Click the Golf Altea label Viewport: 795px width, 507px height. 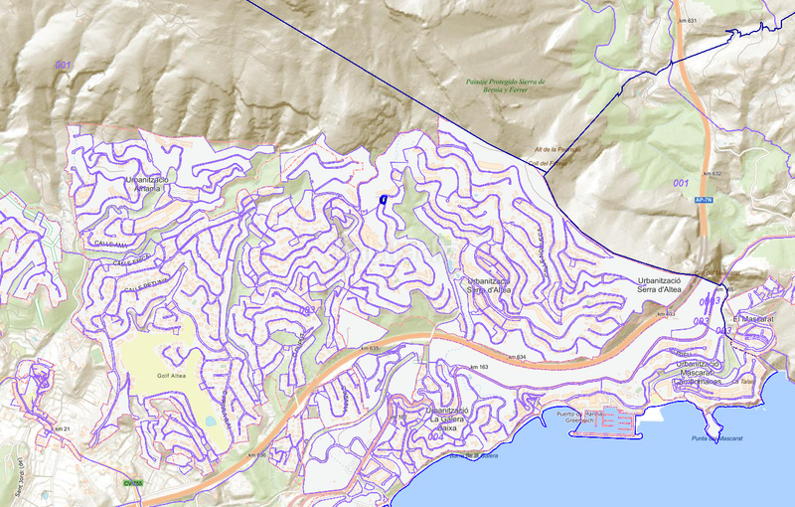pyautogui.click(x=171, y=375)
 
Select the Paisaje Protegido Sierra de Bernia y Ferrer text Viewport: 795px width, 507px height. pyautogui.click(x=506, y=85)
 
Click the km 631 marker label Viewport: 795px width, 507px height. pyautogui.click(x=688, y=21)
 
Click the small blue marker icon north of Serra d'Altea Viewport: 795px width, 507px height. pyautogui.click(x=383, y=201)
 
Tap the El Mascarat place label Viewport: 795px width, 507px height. pyautogui.click(x=752, y=318)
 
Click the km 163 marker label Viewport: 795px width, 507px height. pyautogui.click(x=479, y=368)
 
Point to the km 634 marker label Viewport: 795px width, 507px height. pyautogui.click(x=515, y=357)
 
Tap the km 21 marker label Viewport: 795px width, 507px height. pyautogui.click(x=63, y=427)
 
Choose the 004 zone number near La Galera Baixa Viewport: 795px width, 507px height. pyautogui.click(x=434, y=434)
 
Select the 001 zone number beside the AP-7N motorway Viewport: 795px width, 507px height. pyautogui.click(x=680, y=183)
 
